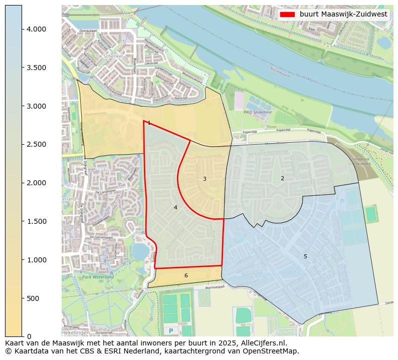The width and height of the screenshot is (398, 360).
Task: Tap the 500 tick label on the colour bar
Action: point(33,298)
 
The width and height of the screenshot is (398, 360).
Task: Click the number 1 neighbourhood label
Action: point(149,123)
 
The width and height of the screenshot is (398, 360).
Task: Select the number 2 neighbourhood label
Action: point(282,178)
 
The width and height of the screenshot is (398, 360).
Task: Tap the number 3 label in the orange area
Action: point(205,179)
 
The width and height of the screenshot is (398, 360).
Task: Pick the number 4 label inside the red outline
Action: point(175,207)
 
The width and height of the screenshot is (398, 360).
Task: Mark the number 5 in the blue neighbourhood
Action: point(305,256)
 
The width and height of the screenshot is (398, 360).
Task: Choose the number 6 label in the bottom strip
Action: point(186,275)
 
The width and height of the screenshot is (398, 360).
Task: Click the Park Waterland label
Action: point(98,277)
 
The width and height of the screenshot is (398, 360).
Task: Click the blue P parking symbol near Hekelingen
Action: point(171,331)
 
